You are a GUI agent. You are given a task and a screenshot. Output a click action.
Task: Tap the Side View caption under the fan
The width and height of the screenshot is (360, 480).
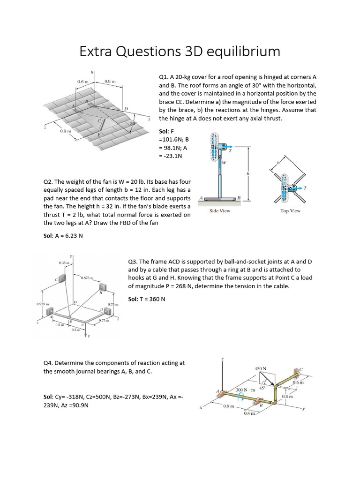coord(220,211)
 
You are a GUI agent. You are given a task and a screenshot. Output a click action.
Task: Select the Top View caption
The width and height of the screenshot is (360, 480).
coord(290,211)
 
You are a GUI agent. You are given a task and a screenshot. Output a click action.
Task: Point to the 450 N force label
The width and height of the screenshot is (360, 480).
coord(261,369)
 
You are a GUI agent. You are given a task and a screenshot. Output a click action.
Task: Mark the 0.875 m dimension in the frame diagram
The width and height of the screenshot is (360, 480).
coord(87,278)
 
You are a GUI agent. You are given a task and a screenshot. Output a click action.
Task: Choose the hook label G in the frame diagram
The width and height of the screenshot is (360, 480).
coord(55,280)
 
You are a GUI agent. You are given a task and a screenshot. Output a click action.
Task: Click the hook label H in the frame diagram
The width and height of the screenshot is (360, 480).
coord(100,292)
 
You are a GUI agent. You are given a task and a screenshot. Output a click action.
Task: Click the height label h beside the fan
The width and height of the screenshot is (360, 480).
coord(248,174)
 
